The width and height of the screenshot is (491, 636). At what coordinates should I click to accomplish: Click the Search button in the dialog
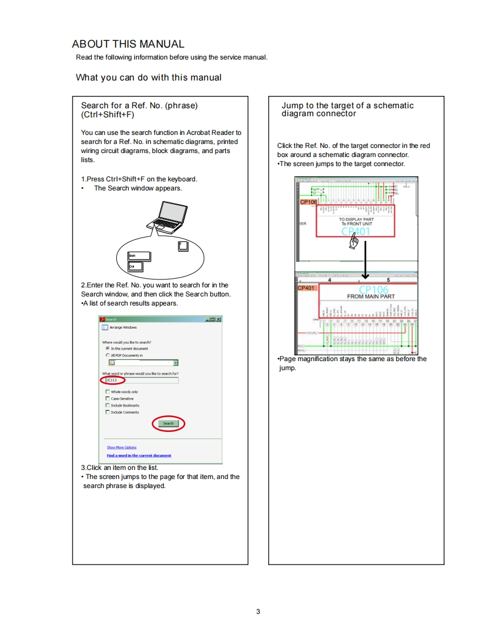click(168, 423)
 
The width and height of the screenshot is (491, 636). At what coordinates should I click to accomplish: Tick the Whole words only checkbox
click(107, 392)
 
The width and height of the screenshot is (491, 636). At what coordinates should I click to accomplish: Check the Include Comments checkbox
click(107, 412)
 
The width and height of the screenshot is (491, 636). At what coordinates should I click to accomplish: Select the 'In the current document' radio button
click(107, 349)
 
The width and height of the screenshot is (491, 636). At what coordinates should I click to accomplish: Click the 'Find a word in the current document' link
click(139, 455)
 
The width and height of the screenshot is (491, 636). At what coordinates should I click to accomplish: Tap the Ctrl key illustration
click(135, 266)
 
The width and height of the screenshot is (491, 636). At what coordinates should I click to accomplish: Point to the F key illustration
click(183, 246)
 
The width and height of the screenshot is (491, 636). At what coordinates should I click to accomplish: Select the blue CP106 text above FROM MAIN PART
click(374, 290)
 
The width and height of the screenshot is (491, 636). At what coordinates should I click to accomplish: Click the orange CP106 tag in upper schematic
click(308, 201)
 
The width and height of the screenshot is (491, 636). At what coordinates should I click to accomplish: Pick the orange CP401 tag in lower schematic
click(307, 288)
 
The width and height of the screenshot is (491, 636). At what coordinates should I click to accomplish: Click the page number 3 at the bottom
click(258, 611)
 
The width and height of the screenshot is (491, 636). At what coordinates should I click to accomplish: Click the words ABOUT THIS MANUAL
click(128, 44)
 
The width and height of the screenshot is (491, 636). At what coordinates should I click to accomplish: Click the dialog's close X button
click(218, 319)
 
